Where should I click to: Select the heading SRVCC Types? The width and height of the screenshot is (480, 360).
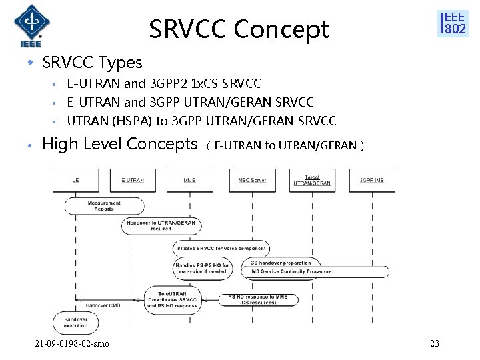(x=92, y=63)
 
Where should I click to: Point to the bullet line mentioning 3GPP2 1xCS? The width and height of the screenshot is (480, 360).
(x=164, y=84)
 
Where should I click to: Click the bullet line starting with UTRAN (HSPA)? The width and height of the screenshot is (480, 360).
(x=201, y=120)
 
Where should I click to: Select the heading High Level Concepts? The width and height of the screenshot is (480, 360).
(x=120, y=144)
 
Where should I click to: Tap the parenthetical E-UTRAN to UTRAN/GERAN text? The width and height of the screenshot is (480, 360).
(x=285, y=145)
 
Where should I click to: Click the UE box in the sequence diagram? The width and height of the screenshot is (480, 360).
(x=76, y=180)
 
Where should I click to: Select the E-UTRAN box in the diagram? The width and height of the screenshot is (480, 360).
(x=133, y=180)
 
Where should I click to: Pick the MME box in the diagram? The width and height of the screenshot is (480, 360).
(x=190, y=180)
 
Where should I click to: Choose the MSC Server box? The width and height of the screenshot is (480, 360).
(x=252, y=180)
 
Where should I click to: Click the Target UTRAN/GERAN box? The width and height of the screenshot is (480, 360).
(x=311, y=180)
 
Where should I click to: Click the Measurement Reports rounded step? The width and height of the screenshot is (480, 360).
(x=104, y=206)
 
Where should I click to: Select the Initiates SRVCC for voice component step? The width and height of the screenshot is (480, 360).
(x=220, y=248)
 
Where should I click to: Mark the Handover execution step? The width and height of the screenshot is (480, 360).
(x=75, y=322)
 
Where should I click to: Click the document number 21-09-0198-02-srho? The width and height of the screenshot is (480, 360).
(x=73, y=344)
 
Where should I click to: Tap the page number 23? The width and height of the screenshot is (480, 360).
(x=435, y=344)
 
